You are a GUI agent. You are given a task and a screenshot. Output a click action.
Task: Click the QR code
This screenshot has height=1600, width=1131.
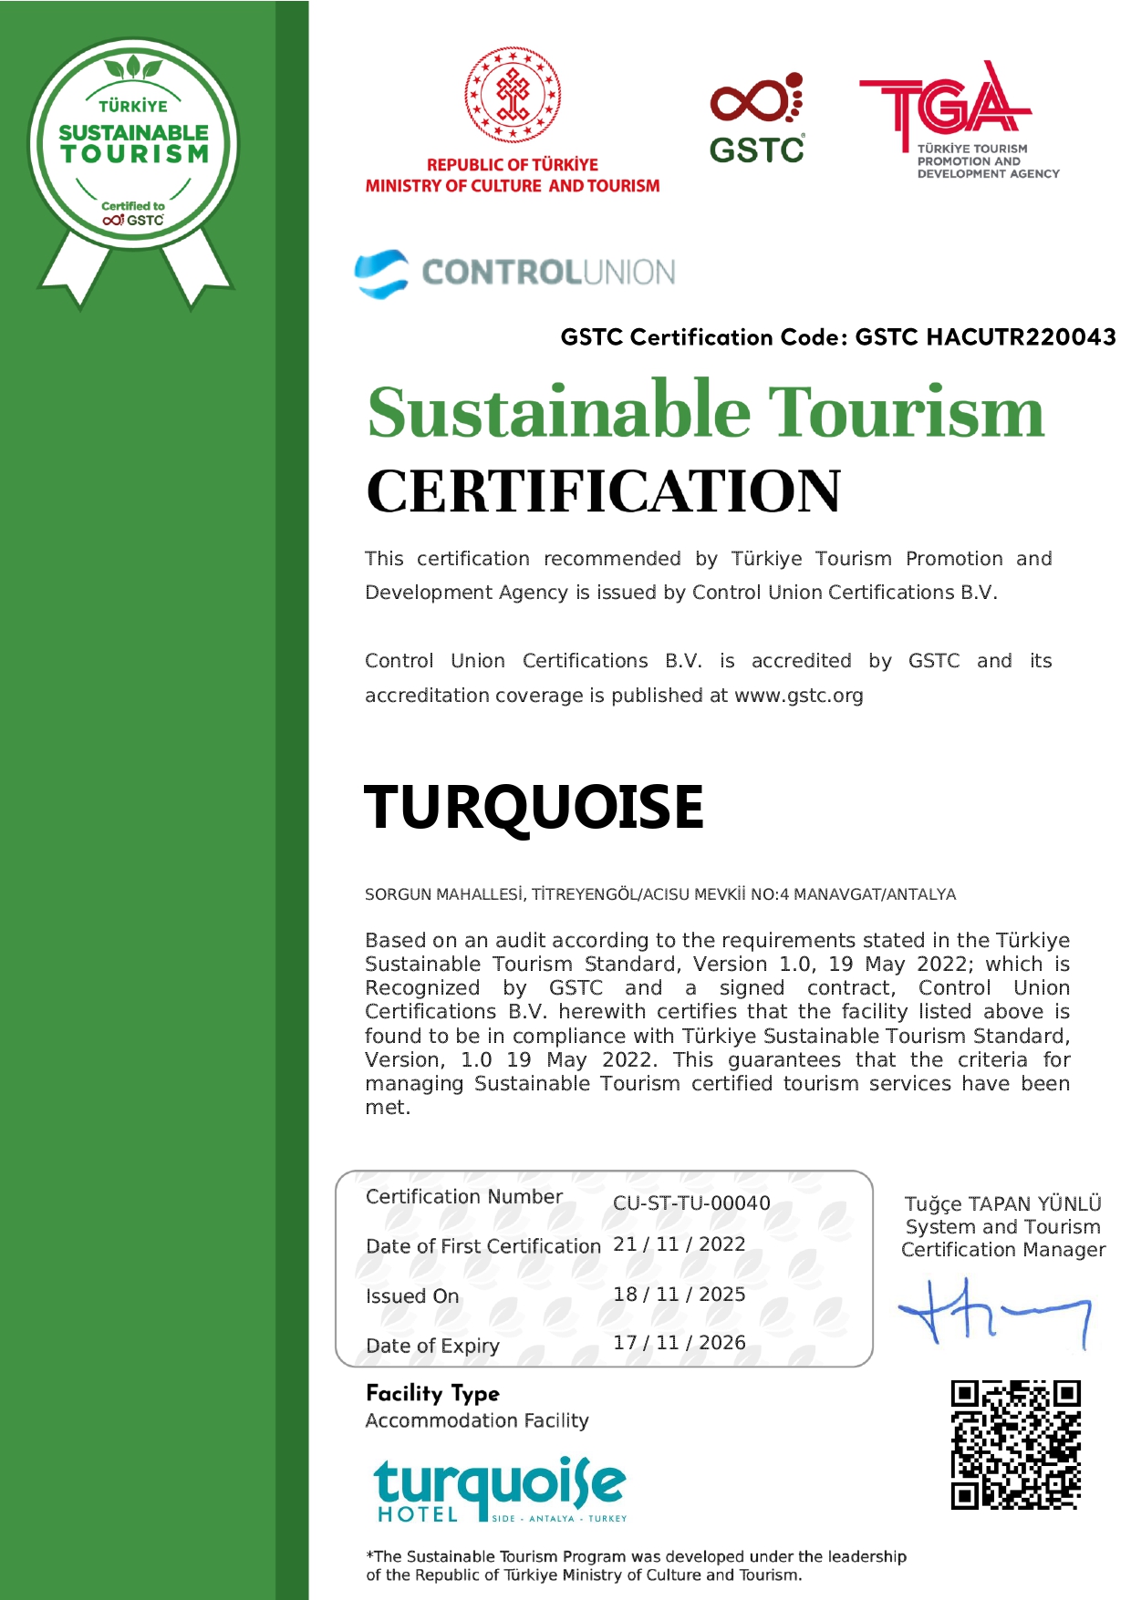1015,1444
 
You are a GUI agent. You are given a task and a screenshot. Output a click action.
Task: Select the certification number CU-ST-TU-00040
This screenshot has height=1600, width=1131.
691,1203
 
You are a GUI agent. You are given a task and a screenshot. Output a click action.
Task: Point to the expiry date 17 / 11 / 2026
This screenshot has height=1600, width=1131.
679,1343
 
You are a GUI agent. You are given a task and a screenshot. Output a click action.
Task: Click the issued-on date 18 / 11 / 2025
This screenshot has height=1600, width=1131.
679,1295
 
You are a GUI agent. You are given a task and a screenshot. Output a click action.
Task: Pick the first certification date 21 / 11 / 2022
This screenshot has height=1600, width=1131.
679,1244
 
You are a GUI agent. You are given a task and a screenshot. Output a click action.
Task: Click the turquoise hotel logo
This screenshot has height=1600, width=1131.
500,1490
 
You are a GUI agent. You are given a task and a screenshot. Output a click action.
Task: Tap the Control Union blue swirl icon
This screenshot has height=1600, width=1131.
381,273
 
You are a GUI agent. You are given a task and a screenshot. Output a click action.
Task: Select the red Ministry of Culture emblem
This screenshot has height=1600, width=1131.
513,95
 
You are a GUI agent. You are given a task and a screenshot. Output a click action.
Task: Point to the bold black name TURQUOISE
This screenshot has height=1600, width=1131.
534,807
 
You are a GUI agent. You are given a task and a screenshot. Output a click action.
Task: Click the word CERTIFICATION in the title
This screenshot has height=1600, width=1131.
603,491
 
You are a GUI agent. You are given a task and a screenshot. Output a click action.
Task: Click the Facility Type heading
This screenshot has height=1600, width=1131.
432,1393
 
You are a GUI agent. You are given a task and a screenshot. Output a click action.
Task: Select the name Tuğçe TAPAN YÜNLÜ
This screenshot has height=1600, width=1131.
1002,1203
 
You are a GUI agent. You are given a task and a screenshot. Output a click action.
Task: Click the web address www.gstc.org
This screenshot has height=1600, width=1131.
798,696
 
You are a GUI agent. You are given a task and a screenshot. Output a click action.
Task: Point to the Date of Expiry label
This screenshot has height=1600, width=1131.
432,1346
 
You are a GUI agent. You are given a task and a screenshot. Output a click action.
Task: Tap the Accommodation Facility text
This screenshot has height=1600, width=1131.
477,1420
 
